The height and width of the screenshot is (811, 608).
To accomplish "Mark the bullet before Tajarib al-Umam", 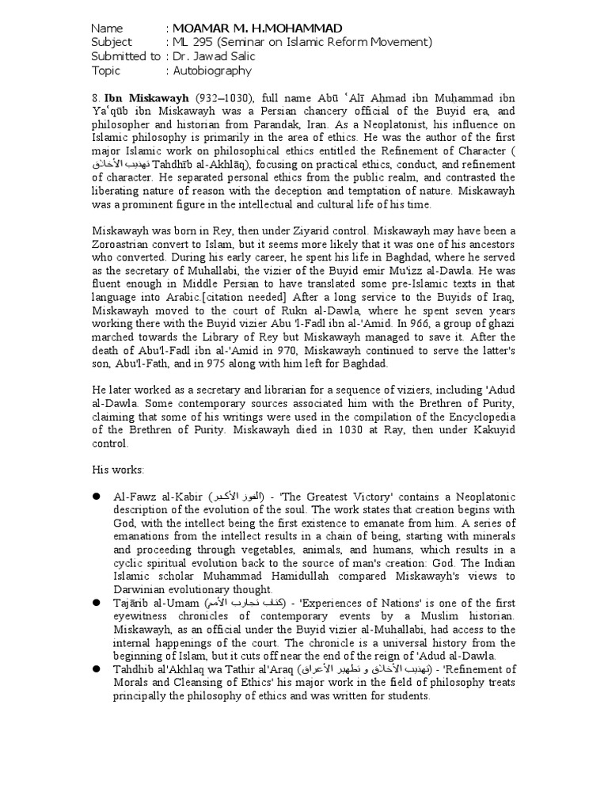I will point(96,604).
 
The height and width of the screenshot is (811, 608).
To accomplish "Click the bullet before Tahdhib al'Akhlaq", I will point(96,669).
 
